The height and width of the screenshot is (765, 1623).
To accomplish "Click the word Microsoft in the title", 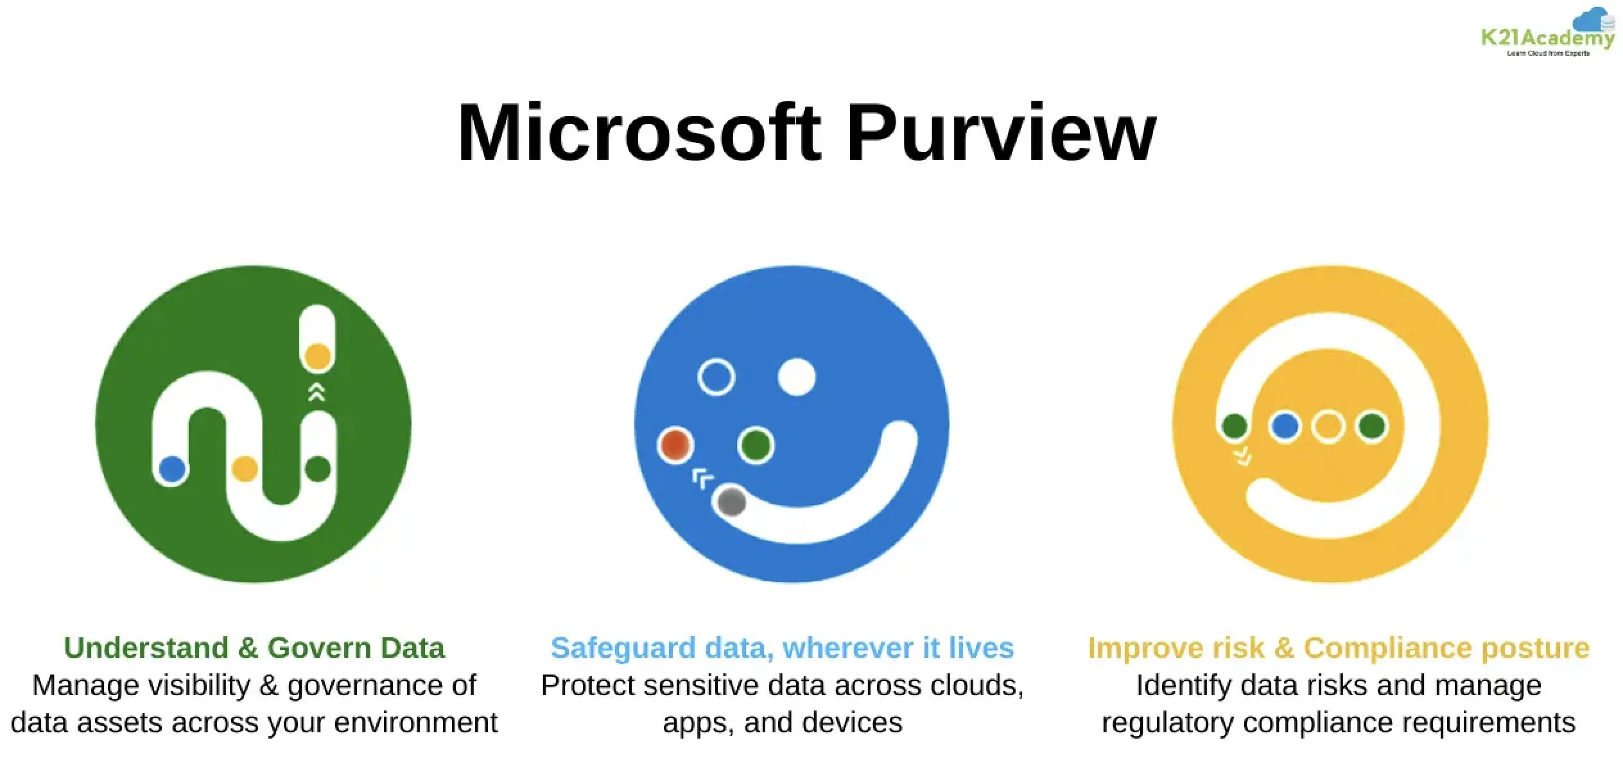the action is click(639, 133).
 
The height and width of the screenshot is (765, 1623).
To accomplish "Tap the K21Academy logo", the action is click(1548, 32).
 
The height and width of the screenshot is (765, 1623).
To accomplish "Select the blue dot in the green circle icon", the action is click(172, 469).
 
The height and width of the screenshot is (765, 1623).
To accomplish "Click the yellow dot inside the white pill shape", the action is click(317, 357).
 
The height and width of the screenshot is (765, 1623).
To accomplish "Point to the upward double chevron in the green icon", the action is click(317, 391).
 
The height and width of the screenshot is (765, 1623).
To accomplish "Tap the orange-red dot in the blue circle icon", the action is click(675, 444).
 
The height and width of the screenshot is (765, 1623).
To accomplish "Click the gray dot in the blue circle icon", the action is click(731, 502).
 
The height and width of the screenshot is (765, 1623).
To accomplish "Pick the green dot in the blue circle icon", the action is click(756, 444).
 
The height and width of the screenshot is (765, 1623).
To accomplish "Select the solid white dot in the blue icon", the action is click(797, 377).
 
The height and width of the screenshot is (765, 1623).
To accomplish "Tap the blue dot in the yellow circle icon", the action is click(1285, 426).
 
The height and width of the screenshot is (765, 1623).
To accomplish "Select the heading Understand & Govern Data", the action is click(254, 648).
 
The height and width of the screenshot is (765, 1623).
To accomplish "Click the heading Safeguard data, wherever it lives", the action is click(782, 648).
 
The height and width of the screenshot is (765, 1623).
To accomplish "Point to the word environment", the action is click(416, 723).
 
